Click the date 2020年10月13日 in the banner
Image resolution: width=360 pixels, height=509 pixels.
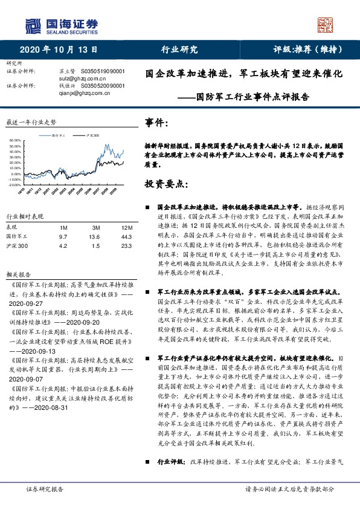(59, 50)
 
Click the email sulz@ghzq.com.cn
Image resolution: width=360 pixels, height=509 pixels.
(80, 78)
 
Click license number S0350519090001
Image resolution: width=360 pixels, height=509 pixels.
(103, 71)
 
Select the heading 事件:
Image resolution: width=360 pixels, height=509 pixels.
(156, 123)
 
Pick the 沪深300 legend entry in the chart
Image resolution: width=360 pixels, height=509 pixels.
(91, 134)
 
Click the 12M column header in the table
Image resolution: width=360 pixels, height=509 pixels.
(126, 227)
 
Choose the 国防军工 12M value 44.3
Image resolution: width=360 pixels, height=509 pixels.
(126, 236)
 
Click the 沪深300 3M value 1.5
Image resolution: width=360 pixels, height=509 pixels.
(95, 246)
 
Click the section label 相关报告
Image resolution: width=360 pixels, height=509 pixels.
(17, 273)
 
